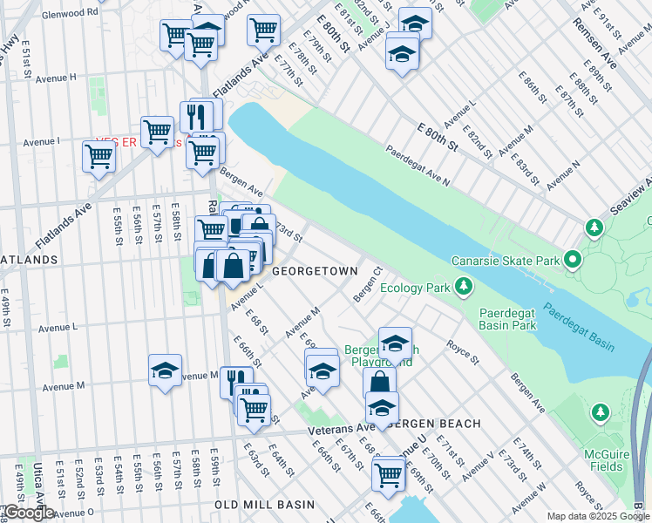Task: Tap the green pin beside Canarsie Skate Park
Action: tap(573, 259)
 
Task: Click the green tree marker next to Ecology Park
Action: tap(465, 286)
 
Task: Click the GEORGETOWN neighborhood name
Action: tap(315, 271)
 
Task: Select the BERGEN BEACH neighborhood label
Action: tap(433, 424)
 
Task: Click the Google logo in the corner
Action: tap(28, 513)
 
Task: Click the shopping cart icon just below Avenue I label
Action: tap(98, 157)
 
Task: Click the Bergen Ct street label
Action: tap(367, 285)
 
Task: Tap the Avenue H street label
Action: tap(50, 78)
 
